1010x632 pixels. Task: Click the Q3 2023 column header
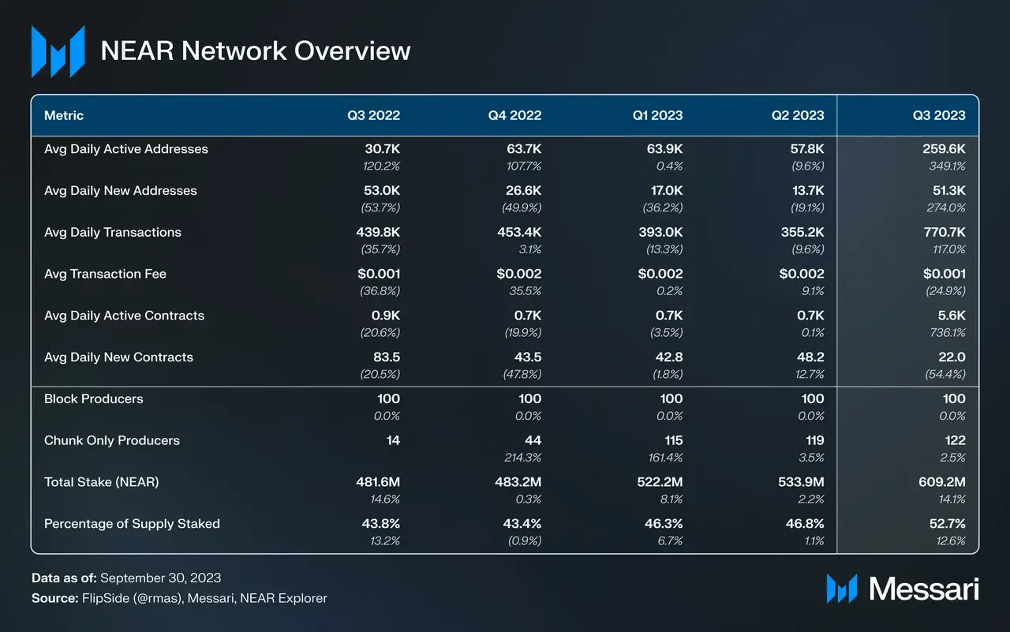(x=939, y=115)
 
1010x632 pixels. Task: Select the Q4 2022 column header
(x=514, y=115)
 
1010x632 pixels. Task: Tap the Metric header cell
(x=64, y=115)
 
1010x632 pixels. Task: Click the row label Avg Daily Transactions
(x=113, y=232)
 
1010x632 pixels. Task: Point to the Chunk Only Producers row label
(x=112, y=440)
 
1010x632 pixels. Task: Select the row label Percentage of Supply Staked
(x=132, y=524)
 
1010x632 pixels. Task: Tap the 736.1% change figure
(x=947, y=333)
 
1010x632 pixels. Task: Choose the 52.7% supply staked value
(x=946, y=524)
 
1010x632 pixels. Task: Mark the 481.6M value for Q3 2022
(x=379, y=482)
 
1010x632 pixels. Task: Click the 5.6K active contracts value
(x=950, y=316)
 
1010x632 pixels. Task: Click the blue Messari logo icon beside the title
(x=58, y=51)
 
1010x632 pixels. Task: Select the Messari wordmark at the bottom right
(x=923, y=589)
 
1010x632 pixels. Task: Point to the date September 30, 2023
(x=162, y=578)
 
